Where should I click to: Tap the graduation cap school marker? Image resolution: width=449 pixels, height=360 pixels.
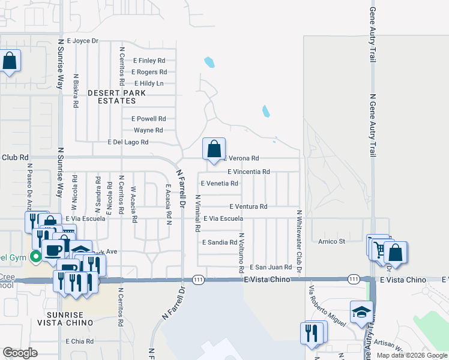point(361,313)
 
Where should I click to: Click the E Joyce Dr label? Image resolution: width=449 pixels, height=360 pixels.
point(82,41)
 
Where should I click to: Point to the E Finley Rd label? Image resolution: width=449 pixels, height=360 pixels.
point(149,61)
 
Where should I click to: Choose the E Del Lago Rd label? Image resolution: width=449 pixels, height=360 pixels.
point(127,142)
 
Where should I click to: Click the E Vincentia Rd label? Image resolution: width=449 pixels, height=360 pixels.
point(249,171)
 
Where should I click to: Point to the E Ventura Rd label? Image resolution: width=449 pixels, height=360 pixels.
point(248,206)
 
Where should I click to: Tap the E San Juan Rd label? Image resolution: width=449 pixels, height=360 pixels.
point(271,267)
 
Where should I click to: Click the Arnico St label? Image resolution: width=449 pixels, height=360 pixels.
point(332,242)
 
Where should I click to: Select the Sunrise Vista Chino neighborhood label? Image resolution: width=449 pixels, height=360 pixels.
point(71,319)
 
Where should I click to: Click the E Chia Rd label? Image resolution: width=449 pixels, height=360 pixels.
point(80,341)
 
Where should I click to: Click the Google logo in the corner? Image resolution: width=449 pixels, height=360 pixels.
point(20,353)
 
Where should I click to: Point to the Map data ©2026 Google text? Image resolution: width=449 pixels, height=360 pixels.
point(412,355)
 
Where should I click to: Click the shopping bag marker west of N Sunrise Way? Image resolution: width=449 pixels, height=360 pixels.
point(10,61)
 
